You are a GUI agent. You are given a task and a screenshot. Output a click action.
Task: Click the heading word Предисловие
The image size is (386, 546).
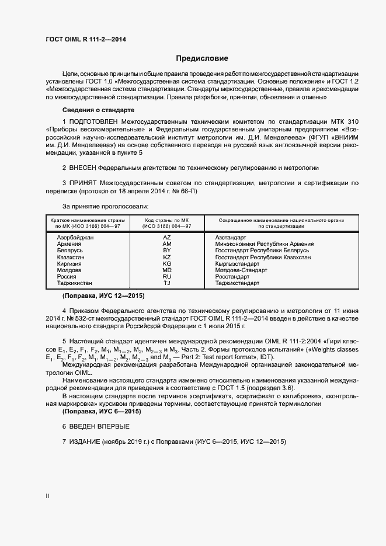pos(202,58)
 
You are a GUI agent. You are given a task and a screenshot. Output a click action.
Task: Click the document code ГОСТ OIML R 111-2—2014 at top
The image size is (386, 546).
pos(85,40)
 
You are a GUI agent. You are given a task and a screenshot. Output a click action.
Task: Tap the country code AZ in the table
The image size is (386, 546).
pos(166,238)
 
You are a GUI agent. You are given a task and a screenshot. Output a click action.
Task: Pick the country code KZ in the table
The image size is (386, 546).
pos(166,257)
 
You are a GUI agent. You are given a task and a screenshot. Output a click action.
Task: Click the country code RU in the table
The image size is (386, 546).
pos(166,276)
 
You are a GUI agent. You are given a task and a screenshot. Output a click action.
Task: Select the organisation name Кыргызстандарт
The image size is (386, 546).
pos(239,263)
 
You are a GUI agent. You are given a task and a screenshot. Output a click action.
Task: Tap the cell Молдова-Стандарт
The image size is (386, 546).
pos(241,270)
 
